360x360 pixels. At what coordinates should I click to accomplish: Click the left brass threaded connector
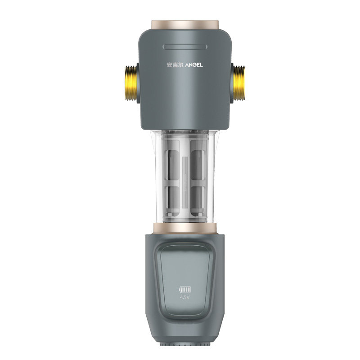click(130, 83)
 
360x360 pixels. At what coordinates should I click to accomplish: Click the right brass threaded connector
click(239, 83)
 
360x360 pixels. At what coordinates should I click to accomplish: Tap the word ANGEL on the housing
click(194, 65)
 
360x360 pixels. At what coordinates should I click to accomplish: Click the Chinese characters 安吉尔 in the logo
click(175, 65)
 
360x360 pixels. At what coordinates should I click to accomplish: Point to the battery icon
click(185, 289)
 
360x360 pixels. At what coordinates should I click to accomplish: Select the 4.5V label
click(185, 298)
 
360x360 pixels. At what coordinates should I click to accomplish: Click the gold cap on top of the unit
click(185, 25)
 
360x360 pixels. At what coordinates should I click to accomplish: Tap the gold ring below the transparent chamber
click(185, 228)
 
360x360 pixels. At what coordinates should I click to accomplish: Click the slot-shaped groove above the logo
click(185, 47)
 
